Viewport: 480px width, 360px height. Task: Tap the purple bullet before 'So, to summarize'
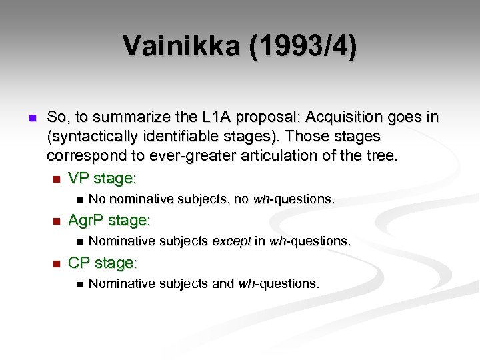(29, 118)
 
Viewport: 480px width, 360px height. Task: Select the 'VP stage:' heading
(102, 179)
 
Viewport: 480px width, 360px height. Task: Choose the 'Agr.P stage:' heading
(109, 220)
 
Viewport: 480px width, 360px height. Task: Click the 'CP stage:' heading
(103, 263)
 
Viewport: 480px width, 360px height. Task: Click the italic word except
(231, 241)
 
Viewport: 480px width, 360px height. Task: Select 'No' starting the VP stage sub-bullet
(97, 199)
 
